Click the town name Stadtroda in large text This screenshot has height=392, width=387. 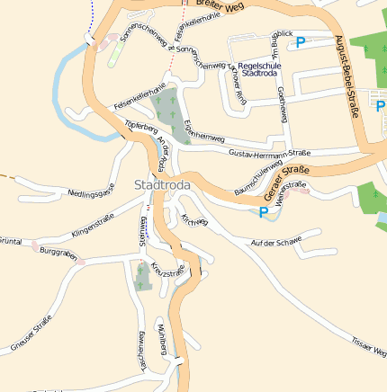161,184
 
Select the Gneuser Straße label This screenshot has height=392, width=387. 31,330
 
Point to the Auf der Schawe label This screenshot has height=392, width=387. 276,242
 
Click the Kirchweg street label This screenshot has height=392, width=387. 193,220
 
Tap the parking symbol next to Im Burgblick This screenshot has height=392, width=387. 301,41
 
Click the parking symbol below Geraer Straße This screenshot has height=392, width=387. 264,212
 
